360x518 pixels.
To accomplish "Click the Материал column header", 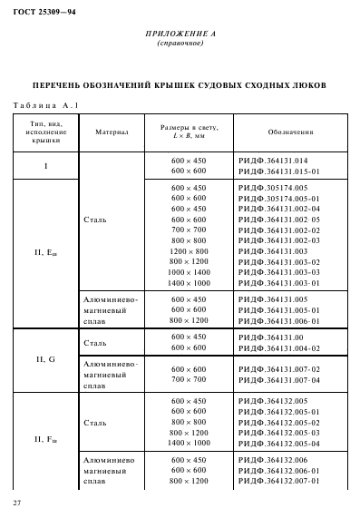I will (112, 132).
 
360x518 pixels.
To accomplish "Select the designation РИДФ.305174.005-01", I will (279, 196).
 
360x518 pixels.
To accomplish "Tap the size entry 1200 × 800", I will (189, 249).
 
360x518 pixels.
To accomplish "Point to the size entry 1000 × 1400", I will (189, 271).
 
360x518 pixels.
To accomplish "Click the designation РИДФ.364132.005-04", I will (279, 443).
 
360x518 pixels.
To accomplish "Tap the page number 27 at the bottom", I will (17, 502).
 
